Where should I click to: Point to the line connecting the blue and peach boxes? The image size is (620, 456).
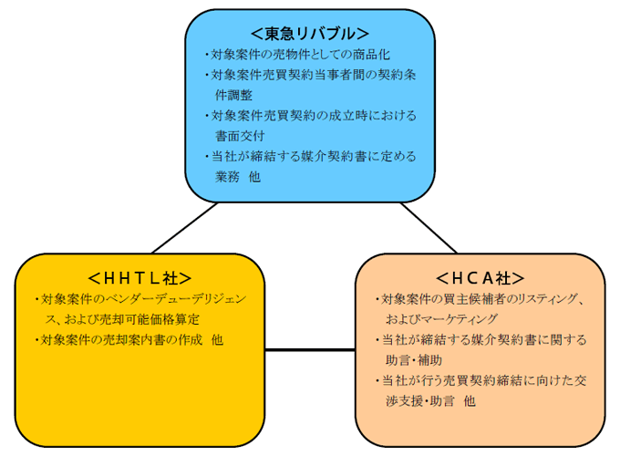[x=429, y=227]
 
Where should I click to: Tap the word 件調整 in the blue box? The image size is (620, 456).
[x=234, y=94]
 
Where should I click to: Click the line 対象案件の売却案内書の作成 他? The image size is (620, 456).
[x=130, y=339]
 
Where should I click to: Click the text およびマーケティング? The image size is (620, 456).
[x=441, y=319]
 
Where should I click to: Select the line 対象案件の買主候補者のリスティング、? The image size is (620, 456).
[x=480, y=299]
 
